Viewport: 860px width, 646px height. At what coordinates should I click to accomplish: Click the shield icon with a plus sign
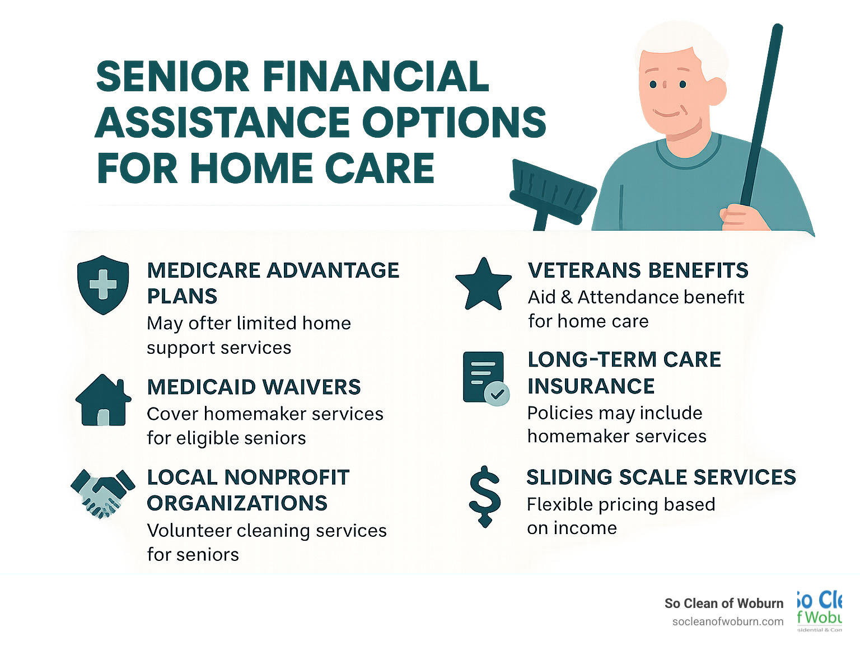pyautogui.click(x=103, y=285)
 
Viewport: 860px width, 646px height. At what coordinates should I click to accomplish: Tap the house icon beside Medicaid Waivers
pyautogui.click(x=103, y=401)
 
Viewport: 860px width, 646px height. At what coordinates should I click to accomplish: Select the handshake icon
pyautogui.click(x=103, y=493)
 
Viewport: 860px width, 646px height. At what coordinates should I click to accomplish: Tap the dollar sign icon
pyautogui.click(x=484, y=497)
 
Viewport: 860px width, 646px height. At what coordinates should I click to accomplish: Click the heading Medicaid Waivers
pyautogui.click(x=254, y=387)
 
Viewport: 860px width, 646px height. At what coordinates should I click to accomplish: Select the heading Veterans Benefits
pyautogui.click(x=638, y=270)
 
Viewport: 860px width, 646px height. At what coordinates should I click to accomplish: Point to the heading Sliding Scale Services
pyautogui.click(x=661, y=478)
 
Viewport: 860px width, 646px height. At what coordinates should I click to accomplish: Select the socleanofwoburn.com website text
pyautogui.click(x=727, y=622)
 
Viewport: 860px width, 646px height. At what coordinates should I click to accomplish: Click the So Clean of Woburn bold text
pyautogui.click(x=723, y=603)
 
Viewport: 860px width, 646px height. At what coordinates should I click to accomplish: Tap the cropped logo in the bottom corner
pyautogui.click(x=820, y=610)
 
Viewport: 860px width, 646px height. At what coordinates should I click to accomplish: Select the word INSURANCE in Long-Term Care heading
pyautogui.click(x=591, y=386)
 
